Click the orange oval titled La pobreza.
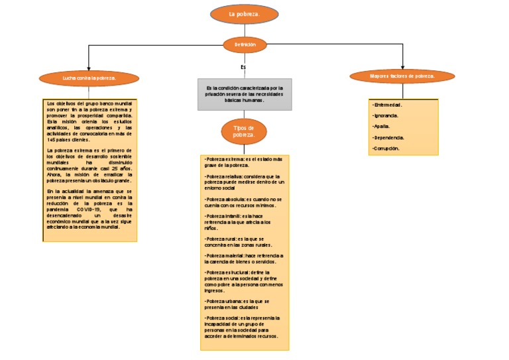click(x=244, y=14)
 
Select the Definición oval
click(x=245, y=44)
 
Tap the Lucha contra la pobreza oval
click(x=89, y=78)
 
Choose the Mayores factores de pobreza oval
click(x=402, y=76)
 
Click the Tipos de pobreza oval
click(x=244, y=131)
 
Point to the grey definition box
click(x=244, y=93)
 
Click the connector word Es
click(x=243, y=67)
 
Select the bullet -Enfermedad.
click(x=388, y=105)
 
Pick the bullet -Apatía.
click(x=382, y=126)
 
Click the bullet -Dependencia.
click(x=389, y=137)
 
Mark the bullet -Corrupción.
click(x=387, y=149)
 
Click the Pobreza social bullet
click(x=243, y=328)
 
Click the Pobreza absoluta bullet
click(x=243, y=202)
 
